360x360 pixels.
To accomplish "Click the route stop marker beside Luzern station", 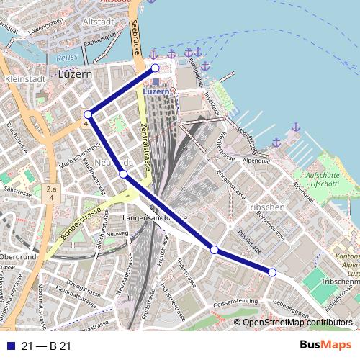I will pyautogui.click(x=155, y=68).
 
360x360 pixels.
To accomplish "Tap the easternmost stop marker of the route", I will pyautogui.click(x=272, y=271).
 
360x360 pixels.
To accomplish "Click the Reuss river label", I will pyautogui.click(x=66, y=57).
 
